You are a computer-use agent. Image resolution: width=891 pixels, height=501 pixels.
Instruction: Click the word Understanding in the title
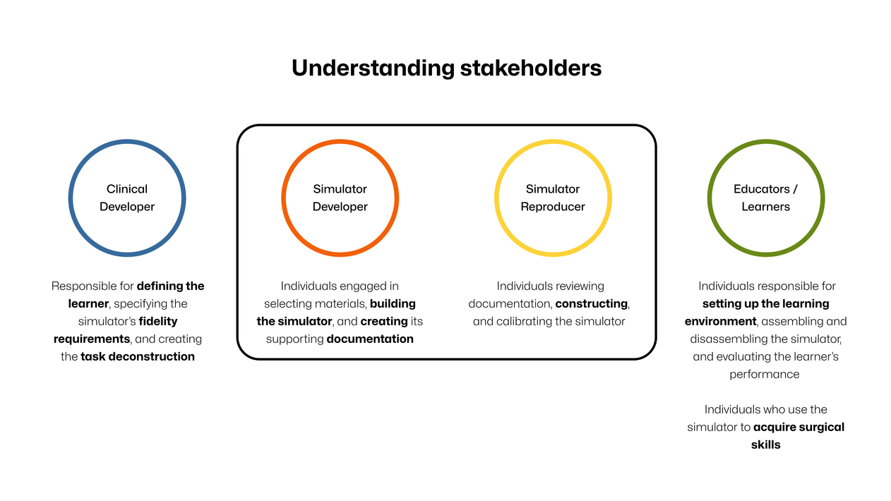(x=373, y=68)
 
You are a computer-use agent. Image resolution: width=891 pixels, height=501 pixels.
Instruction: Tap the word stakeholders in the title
(x=531, y=68)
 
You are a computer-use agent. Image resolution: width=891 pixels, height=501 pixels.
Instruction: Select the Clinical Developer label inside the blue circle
(x=127, y=198)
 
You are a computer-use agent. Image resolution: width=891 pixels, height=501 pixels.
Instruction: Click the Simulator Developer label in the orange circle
(x=340, y=198)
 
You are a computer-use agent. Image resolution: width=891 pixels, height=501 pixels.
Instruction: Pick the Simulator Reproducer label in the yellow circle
(x=553, y=198)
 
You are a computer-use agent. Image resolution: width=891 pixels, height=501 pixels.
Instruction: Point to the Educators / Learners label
(x=765, y=198)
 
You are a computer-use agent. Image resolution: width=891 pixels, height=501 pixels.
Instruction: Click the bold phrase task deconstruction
(x=138, y=356)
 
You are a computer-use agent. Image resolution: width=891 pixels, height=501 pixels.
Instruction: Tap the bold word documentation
(x=370, y=339)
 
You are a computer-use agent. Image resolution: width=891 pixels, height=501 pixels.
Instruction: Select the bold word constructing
(x=591, y=304)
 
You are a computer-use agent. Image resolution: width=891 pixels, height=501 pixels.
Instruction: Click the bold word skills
(x=766, y=445)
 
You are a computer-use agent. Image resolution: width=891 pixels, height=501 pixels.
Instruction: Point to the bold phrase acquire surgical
(x=799, y=428)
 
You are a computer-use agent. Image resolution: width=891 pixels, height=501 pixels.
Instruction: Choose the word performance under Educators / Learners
(x=765, y=375)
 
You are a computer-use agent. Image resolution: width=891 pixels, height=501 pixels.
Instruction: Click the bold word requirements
(x=92, y=339)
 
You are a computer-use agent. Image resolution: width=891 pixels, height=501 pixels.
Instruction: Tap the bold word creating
(x=384, y=321)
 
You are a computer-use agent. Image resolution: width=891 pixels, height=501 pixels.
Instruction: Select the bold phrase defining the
(x=170, y=286)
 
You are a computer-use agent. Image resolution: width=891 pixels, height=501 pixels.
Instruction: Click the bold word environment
(x=720, y=321)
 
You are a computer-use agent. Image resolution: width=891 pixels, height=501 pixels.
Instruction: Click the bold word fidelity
(x=158, y=321)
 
